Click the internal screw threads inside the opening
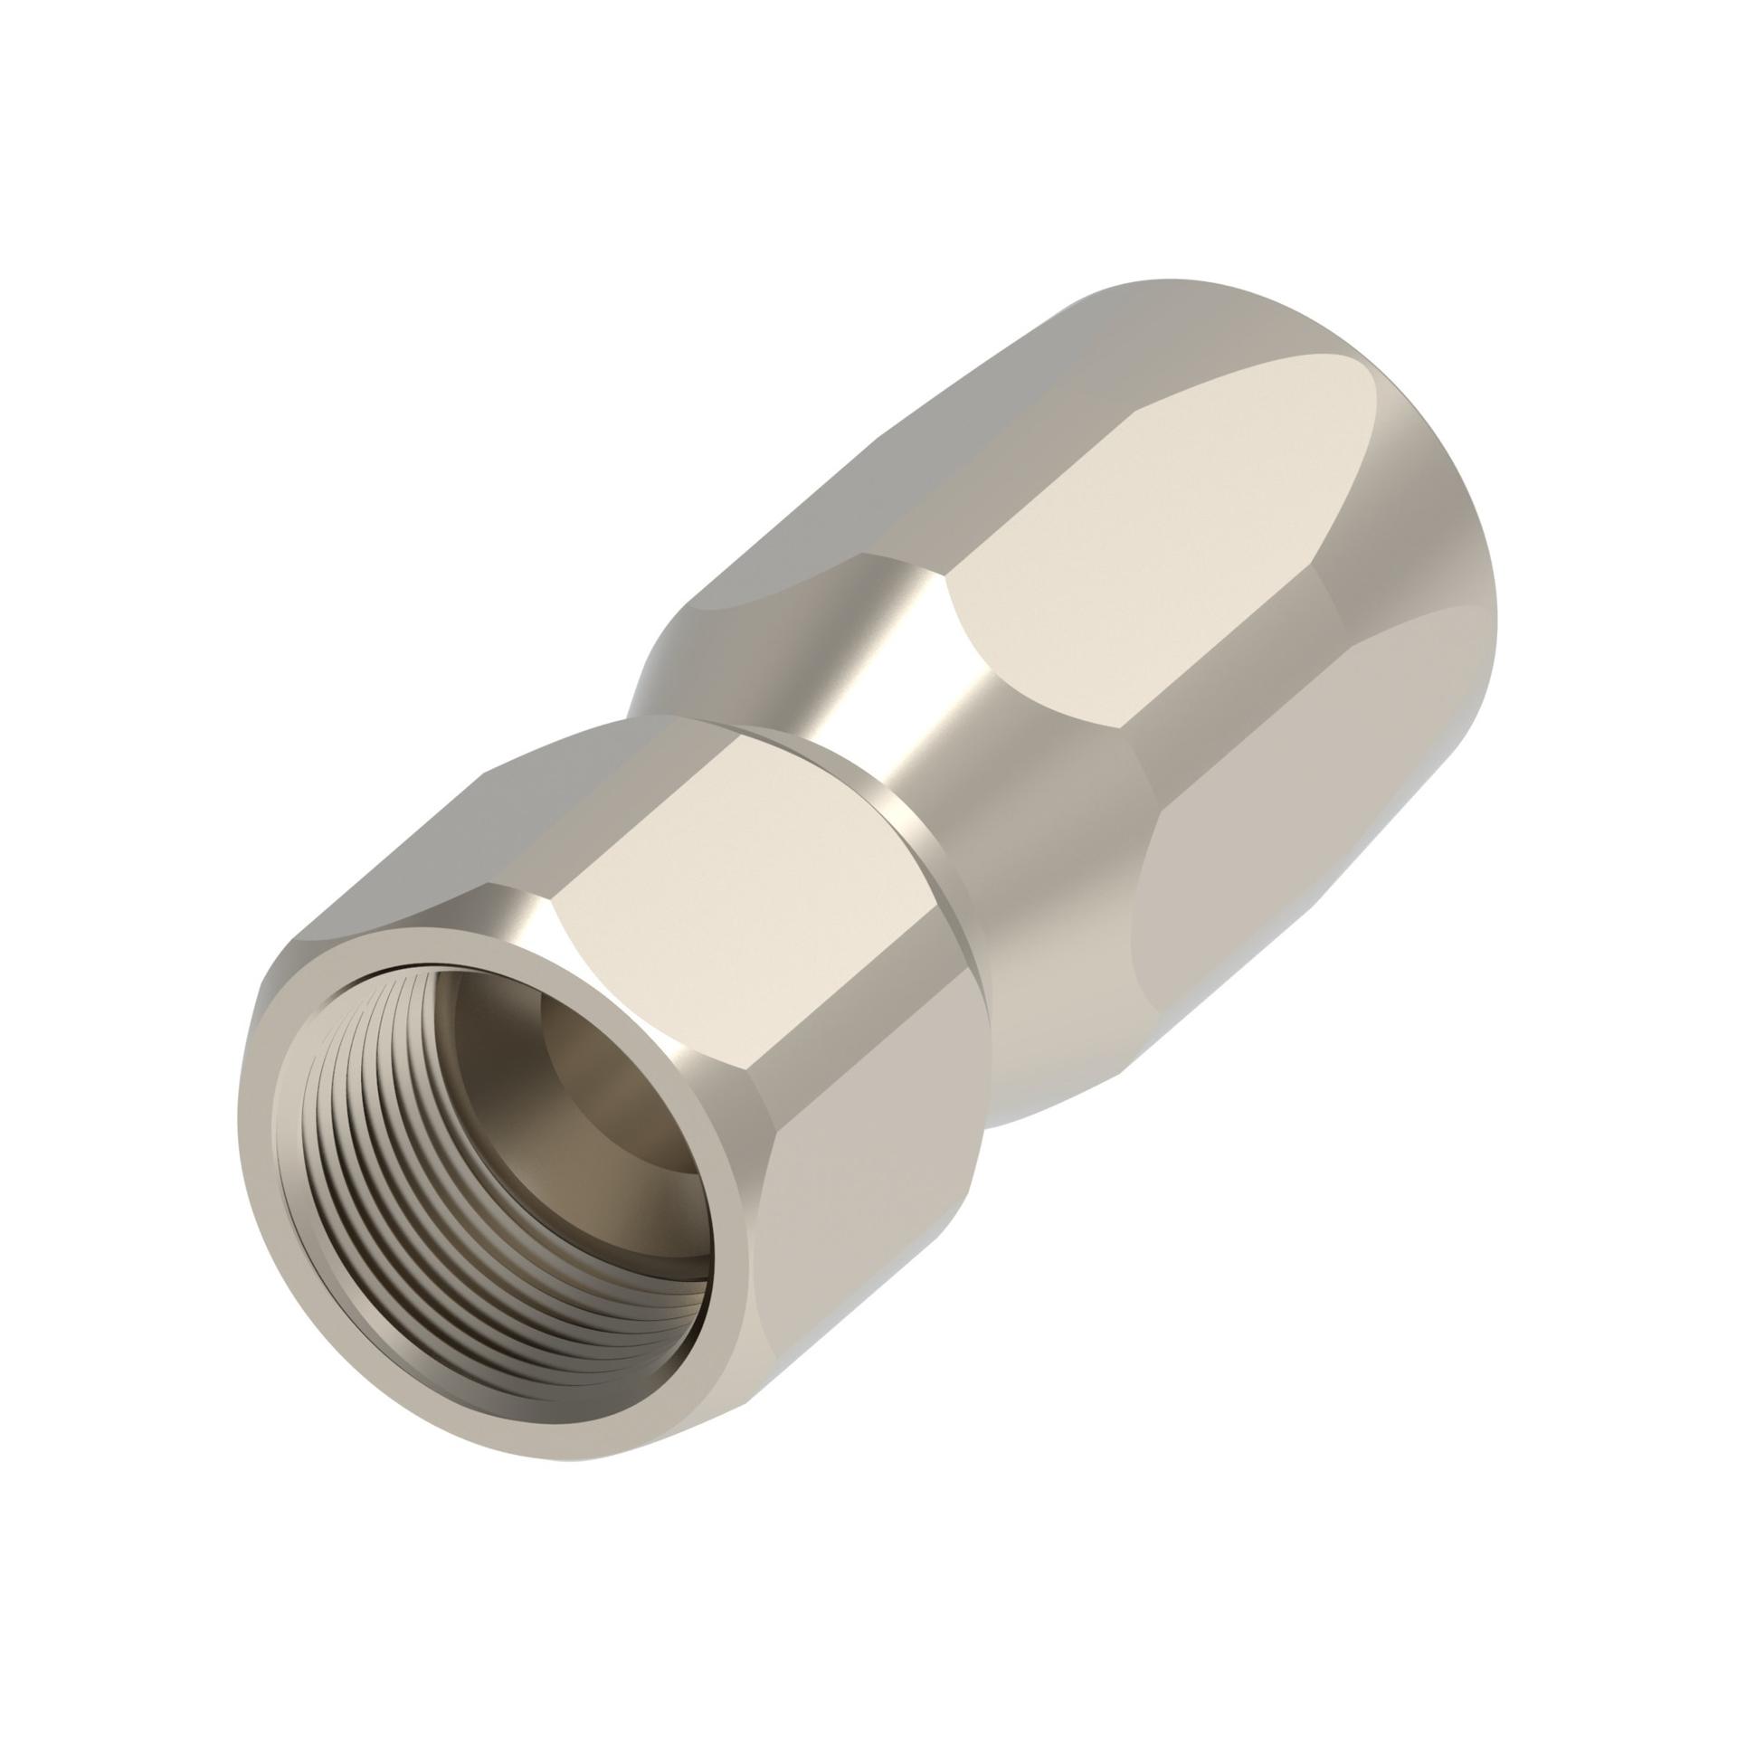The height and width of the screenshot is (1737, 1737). [x=380, y=1203]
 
